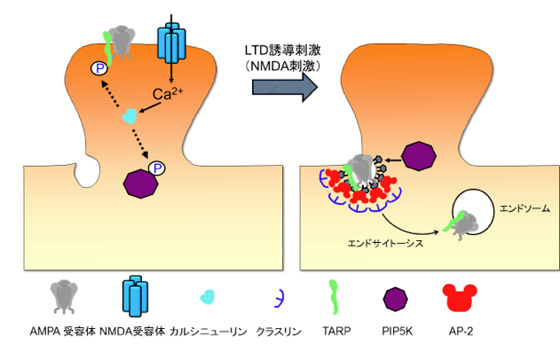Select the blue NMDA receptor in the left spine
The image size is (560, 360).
point(171,41)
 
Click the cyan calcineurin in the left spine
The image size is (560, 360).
point(130,115)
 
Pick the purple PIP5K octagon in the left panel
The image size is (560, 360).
point(138,183)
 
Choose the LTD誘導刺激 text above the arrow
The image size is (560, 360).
point(283,49)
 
